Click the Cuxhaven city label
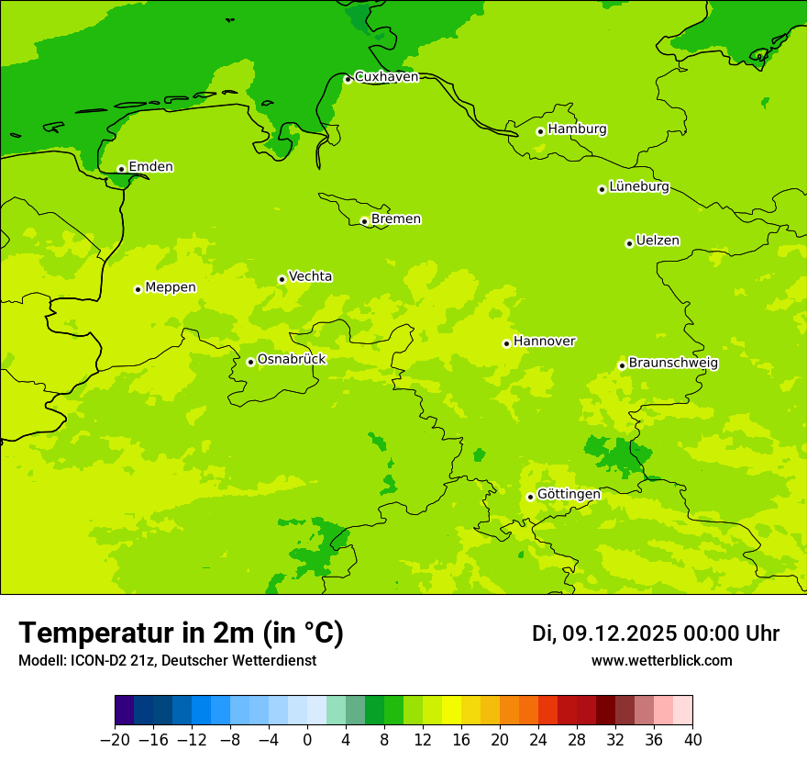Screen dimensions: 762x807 [x=386, y=77]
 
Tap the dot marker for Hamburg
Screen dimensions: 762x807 [x=540, y=131]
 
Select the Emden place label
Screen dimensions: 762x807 [x=150, y=167]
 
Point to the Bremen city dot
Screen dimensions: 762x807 [x=364, y=221]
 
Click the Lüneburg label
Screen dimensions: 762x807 [x=639, y=187]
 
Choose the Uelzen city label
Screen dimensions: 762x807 [x=658, y=241]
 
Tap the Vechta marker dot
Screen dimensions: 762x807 [x=282, y=279]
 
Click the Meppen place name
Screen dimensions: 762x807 [x=171, y=287]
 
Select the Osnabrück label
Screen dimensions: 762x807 [x=292, y=359]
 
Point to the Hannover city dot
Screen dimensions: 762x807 [x=506, y=343]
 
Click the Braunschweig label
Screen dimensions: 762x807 [x=673, y=364]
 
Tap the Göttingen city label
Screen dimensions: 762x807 [x=569, y=495]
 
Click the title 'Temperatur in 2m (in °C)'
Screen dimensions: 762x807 [x=181, y=633]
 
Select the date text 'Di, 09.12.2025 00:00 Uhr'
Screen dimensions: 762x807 [x=656, y=633]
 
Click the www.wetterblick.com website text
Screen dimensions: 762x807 [x=661, y=661]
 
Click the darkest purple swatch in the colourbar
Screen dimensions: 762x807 [x=124, y=711]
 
